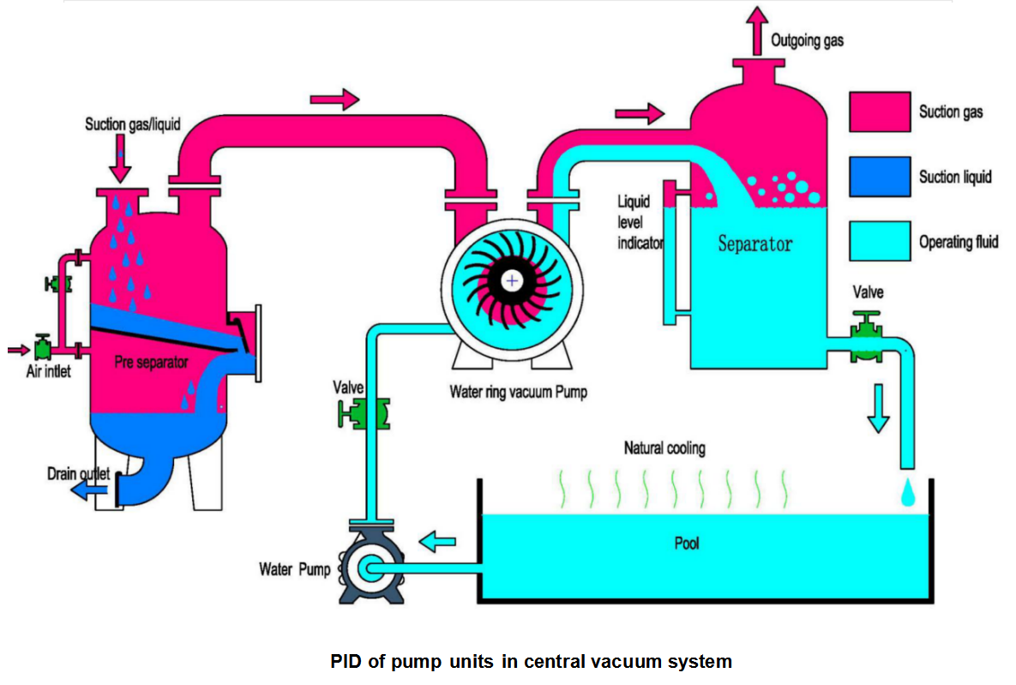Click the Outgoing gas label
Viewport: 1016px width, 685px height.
[807, 40]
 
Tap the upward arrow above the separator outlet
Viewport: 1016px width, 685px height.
[757, 27]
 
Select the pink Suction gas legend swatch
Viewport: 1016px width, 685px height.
[880, 111]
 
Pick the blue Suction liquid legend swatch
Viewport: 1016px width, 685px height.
[880, 177]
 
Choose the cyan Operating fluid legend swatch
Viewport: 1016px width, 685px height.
[880, 241]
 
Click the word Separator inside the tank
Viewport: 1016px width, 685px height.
[754, 244]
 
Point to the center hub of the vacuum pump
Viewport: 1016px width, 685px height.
[512, 280]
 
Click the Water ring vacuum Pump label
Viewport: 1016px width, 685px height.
[519, 392]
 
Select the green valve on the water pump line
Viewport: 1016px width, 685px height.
[365, 414]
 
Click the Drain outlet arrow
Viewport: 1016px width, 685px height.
[84, 490]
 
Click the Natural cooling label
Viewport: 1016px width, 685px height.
[664, 448]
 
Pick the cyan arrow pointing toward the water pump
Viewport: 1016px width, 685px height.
[440, 541]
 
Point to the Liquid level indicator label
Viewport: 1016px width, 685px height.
[638, 222]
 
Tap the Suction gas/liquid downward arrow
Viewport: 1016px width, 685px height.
[120, 160]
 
